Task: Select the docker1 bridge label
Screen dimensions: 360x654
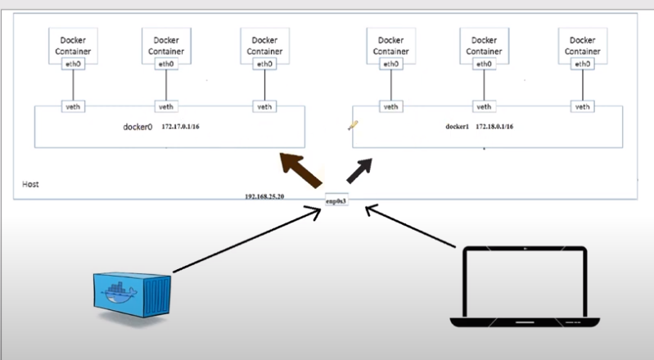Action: tap(458, 128)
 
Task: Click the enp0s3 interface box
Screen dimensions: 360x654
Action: tap(337, 200)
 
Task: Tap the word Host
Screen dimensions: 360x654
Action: tap(30, 185)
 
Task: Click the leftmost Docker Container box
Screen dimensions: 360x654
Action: tap(73, 44)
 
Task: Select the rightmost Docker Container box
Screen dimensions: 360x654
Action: tap(582, 44)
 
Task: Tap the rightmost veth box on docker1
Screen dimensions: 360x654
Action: tap(582, 106)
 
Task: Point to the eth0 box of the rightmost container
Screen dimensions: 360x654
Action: tap(582, 64)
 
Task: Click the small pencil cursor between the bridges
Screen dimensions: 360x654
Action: tap(353, 125)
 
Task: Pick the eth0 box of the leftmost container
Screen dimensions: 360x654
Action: tap(73, 64)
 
